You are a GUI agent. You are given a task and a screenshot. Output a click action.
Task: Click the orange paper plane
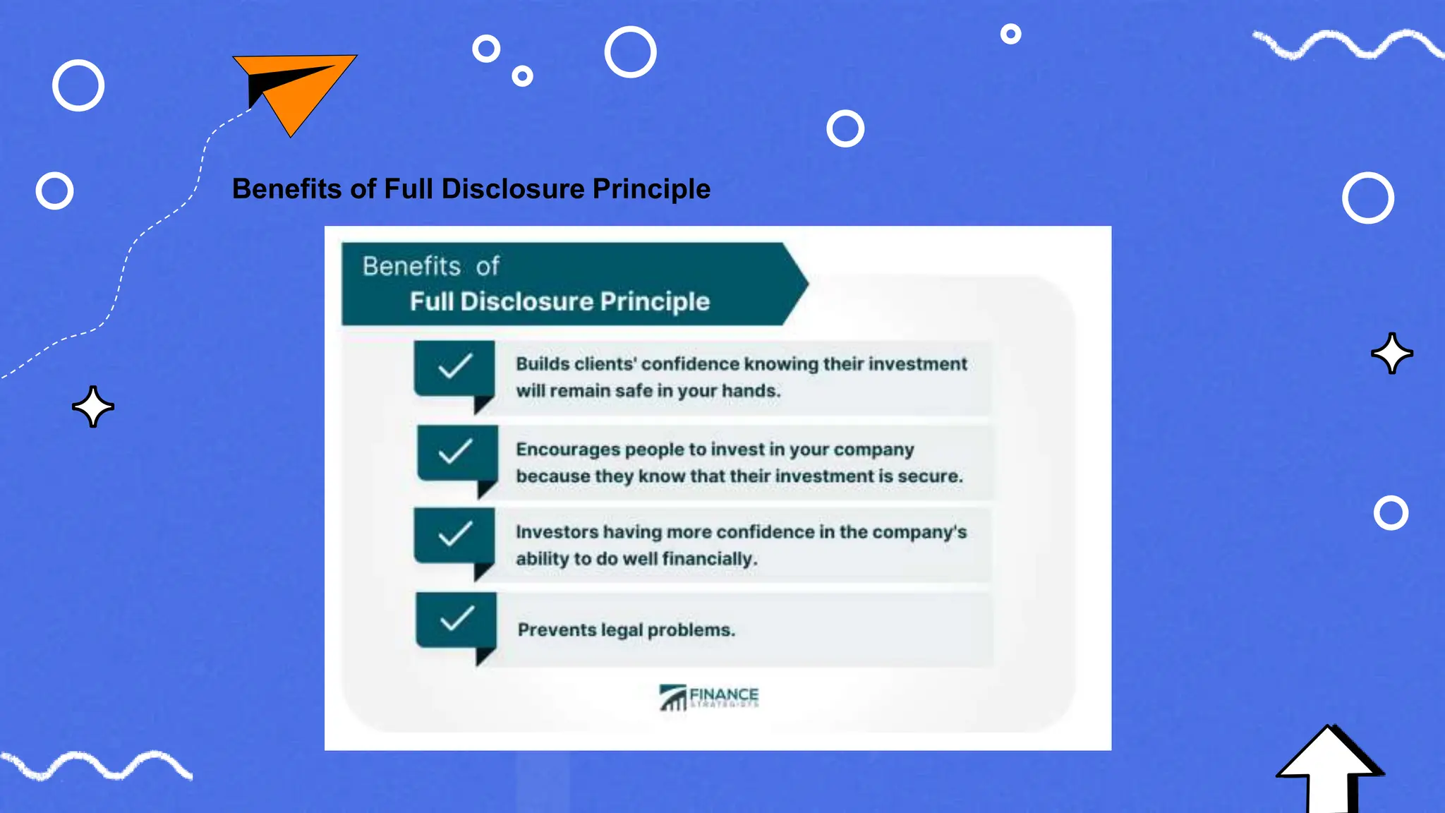click(x=296, y=88)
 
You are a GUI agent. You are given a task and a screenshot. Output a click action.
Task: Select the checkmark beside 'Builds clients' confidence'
click(x=455, y=366)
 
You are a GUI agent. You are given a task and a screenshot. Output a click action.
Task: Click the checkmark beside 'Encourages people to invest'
click(x=455, y=451)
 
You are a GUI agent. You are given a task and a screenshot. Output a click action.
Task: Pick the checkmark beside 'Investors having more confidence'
click(x=455, y=534)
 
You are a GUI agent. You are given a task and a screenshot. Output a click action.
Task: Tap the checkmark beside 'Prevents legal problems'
click(x=457, y=618)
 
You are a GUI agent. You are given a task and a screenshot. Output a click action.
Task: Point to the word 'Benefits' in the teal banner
click(x=411, y=266)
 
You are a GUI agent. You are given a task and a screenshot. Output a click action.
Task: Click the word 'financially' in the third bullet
click(x=708, y=559)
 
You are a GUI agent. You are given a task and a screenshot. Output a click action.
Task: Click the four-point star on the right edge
click(x=1392, y=353)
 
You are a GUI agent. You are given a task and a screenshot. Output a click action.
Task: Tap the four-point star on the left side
click(x=93, y=406)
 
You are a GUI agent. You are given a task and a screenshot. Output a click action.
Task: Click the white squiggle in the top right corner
click(x=1348, y=44)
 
